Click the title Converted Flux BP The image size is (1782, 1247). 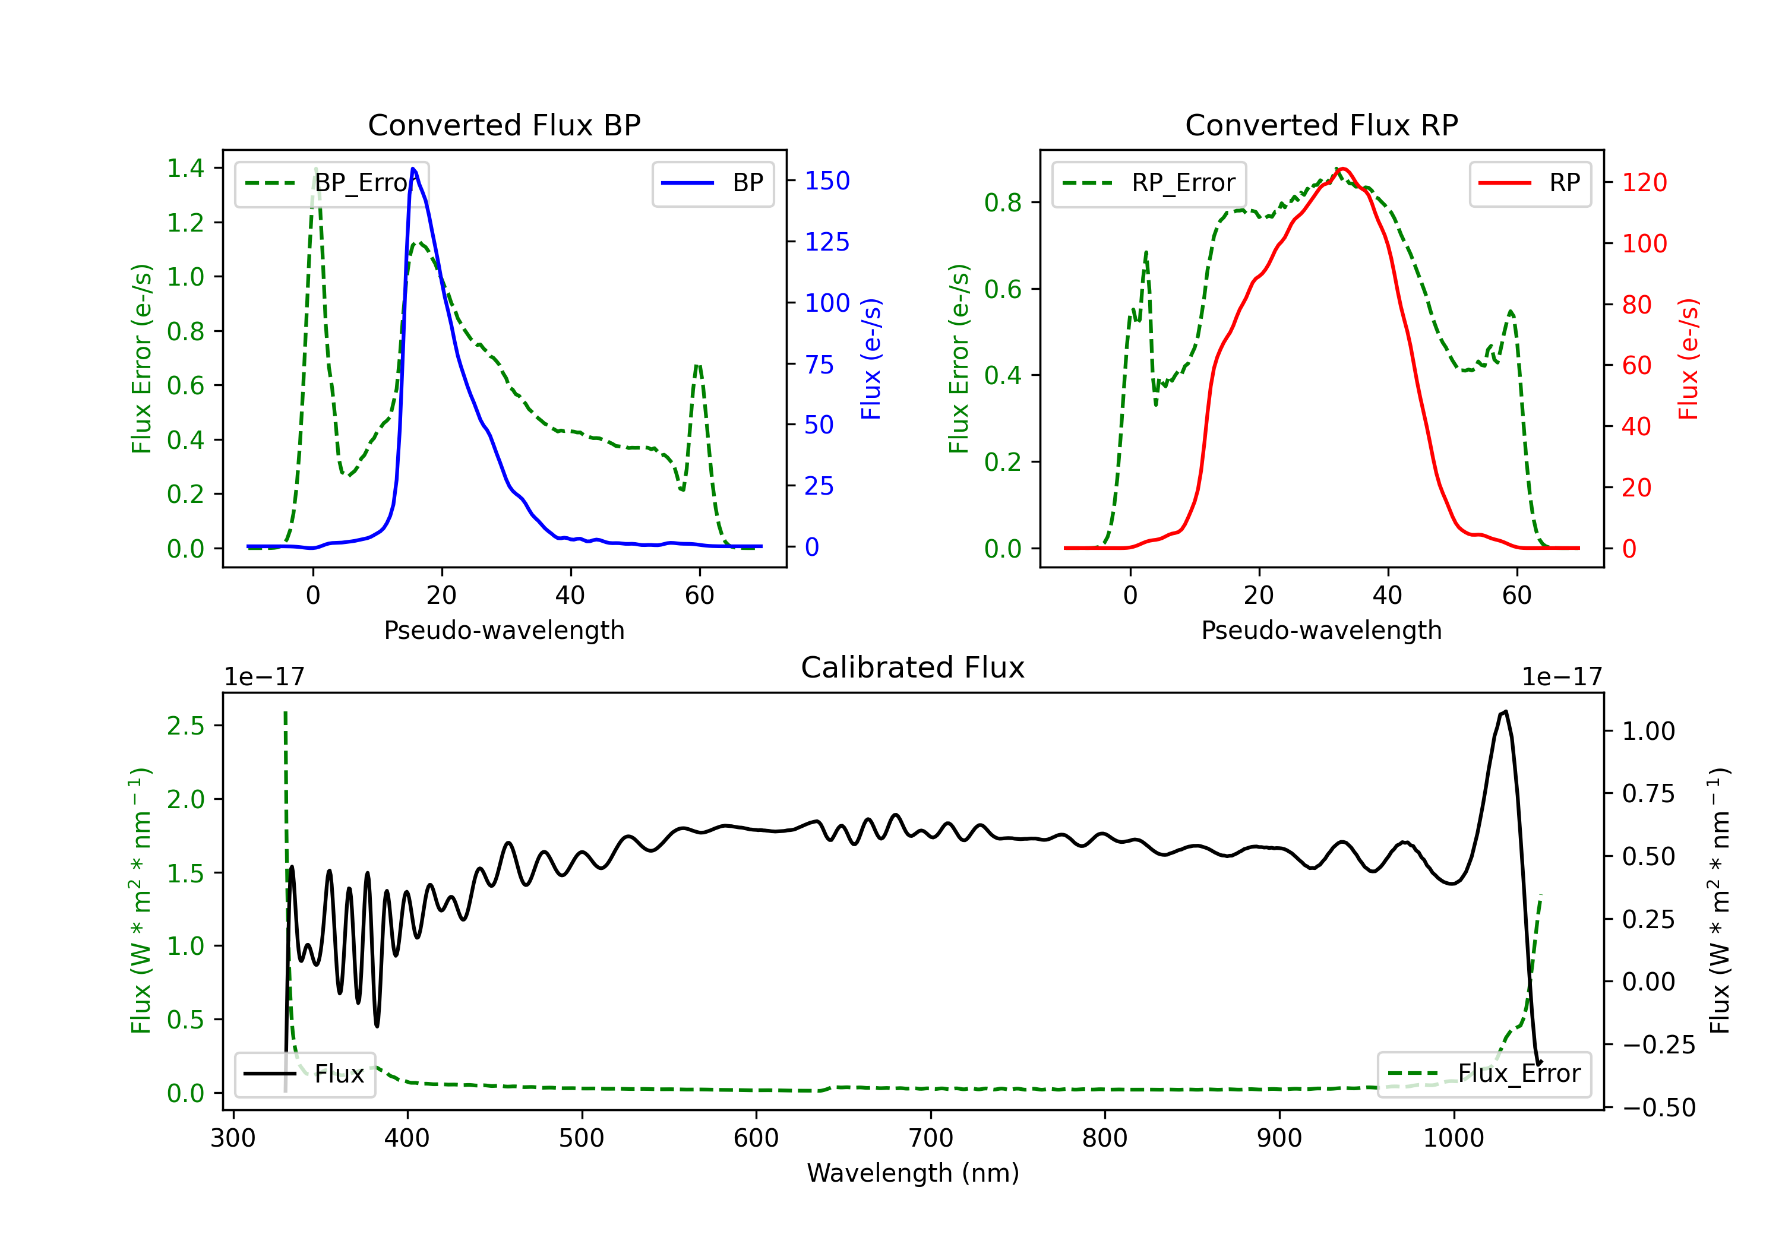504,125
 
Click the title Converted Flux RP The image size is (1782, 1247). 1321,125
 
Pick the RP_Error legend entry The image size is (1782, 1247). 1149,183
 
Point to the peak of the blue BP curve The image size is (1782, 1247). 413,169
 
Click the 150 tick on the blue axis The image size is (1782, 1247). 827,181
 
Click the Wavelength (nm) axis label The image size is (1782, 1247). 913,1173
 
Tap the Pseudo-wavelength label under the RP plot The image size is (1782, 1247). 1321,630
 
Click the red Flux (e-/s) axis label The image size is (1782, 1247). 1689,359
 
